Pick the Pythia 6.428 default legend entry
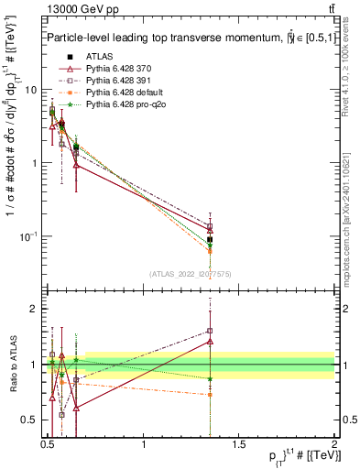[x=119, y=93]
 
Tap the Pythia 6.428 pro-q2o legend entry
[x=120, y=105]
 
